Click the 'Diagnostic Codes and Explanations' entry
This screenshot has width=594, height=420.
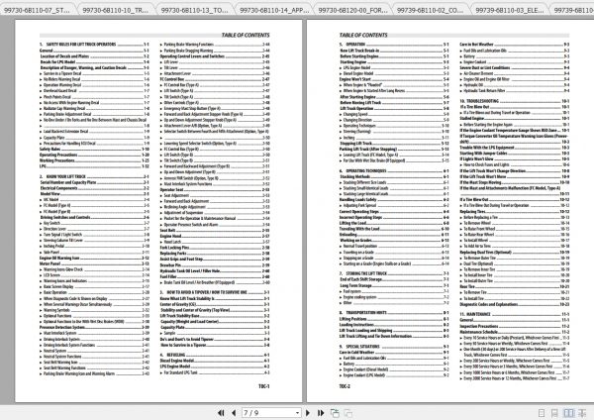[x=478, y=302]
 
